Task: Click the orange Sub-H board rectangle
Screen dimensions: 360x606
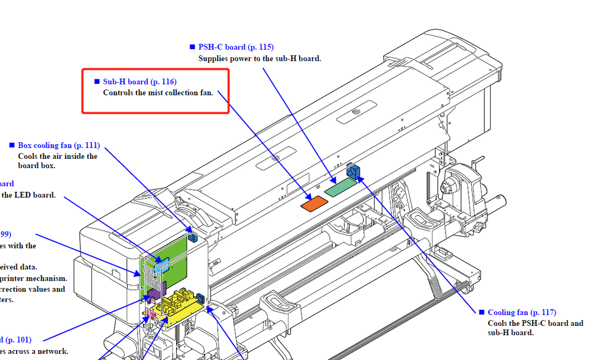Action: [313, 203]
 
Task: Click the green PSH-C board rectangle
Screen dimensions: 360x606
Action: [339, 188]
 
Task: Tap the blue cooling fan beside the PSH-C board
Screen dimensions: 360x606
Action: [353, 171]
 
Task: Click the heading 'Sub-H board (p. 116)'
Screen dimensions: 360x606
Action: [139, 82]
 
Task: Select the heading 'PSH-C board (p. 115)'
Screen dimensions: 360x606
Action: [236, 47]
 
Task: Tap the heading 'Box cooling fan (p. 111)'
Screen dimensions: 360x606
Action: [59, 146]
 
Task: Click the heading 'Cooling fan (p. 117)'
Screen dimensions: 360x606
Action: [522, 313]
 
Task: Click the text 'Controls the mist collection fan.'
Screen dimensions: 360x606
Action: [158, 93]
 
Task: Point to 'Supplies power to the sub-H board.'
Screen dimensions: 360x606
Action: [259, 58]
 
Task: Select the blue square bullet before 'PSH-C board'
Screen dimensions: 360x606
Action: [192, 47]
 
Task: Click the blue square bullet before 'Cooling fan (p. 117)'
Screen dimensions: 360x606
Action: [481, 313]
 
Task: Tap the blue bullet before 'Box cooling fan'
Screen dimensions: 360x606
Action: [12, 146]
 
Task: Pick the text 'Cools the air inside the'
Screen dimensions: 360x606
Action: [58, 156]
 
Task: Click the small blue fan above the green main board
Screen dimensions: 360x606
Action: [193, 238]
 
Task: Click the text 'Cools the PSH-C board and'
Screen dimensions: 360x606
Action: [535, 323]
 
